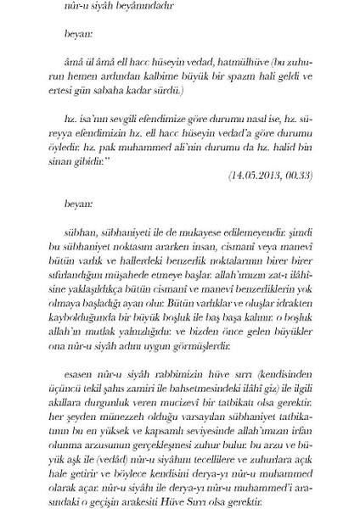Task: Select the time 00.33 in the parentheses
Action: [x=296, y=176]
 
